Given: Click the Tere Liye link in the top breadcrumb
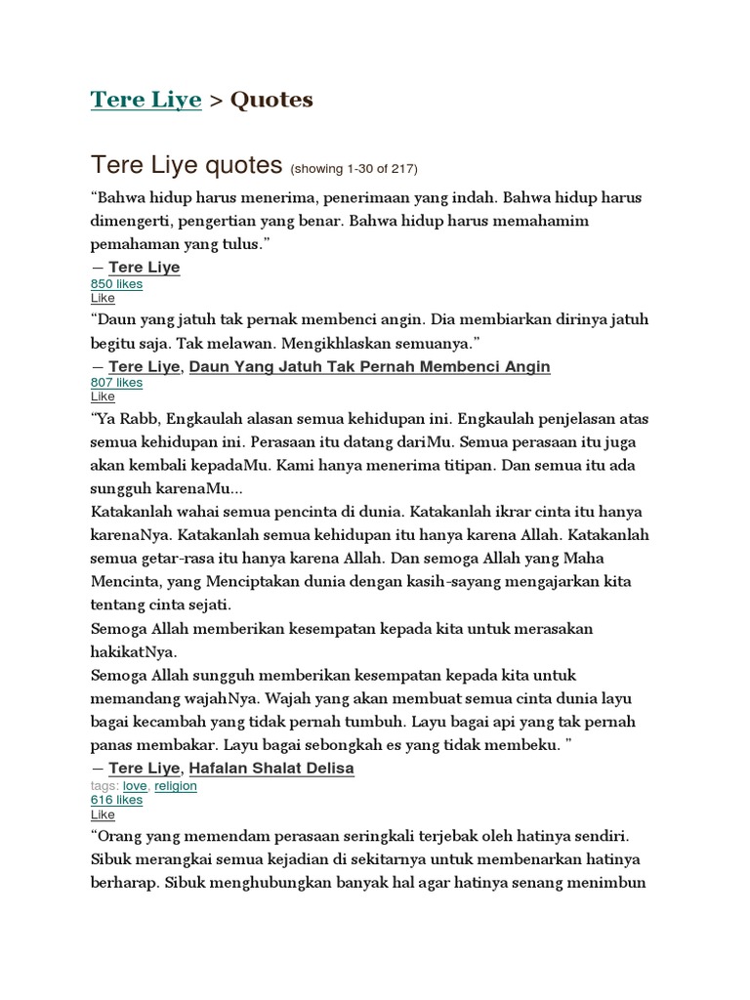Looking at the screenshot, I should point(146,100).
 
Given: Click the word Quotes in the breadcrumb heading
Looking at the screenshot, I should point(271,100).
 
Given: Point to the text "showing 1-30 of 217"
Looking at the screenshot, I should point(354,168).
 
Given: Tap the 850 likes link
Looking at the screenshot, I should point(116,284).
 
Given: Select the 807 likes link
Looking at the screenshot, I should point(116,383).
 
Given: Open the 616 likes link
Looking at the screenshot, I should point(116,800).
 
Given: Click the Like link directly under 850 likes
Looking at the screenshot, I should point(103,298).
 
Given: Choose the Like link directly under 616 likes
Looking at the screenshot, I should point(103,814).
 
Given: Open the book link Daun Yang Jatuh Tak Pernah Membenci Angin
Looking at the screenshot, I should point(369,366).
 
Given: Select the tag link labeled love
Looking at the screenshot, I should point(134,785).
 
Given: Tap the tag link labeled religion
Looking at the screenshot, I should point(175,785).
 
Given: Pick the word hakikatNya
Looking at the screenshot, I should point(134,651).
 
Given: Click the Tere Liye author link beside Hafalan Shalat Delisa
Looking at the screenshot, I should point(145,768).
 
